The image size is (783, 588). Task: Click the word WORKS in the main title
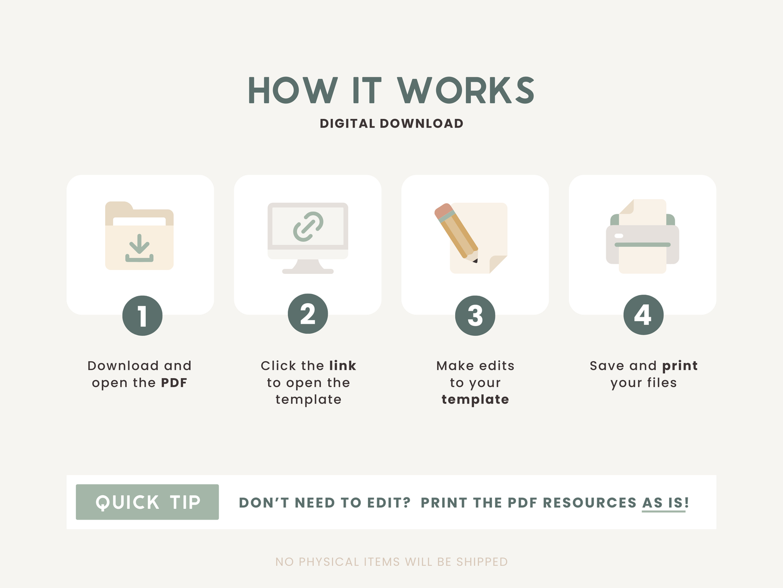click(x=466, y=90)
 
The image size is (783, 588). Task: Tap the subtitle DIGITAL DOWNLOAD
click(x=391, y=124)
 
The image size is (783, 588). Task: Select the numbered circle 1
click(x=143, y=316)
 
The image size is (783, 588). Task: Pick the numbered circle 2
click(x=308, y=314)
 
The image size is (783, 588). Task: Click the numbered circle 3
click(x=475, y=316)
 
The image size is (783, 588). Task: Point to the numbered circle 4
click(x=644, y=315)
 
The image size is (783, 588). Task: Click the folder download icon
click(x=139, y=235)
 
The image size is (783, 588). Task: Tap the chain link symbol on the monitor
click(x=308, y=226)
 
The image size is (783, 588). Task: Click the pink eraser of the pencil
click(x=442, y=210)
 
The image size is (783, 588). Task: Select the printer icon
click(x=643, y=237)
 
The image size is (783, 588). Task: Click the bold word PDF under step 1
click(x=174, y=383)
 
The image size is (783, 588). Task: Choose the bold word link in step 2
click(x=342, y=366)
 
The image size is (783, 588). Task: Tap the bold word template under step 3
click(x=475, y=399)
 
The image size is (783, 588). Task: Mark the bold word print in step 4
click(x=680, y=366)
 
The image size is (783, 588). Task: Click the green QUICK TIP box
click(x=147, y=502)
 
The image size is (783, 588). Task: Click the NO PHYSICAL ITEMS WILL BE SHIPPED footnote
click(x=391, y=562)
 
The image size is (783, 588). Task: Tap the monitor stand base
click(x=308, y=271)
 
